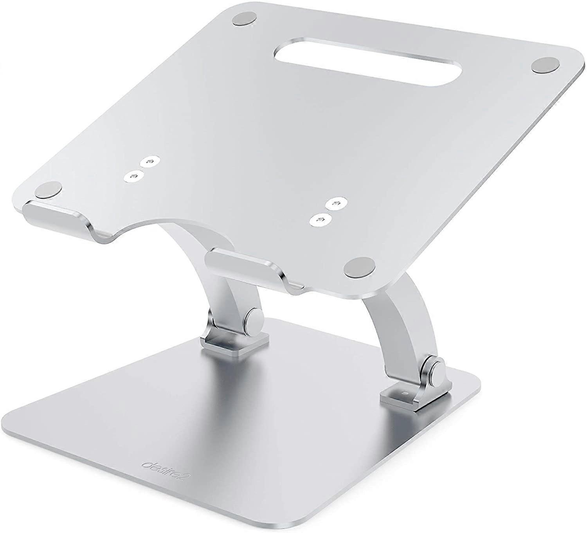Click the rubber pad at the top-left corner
[245, 19]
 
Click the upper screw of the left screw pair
[148, 161]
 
